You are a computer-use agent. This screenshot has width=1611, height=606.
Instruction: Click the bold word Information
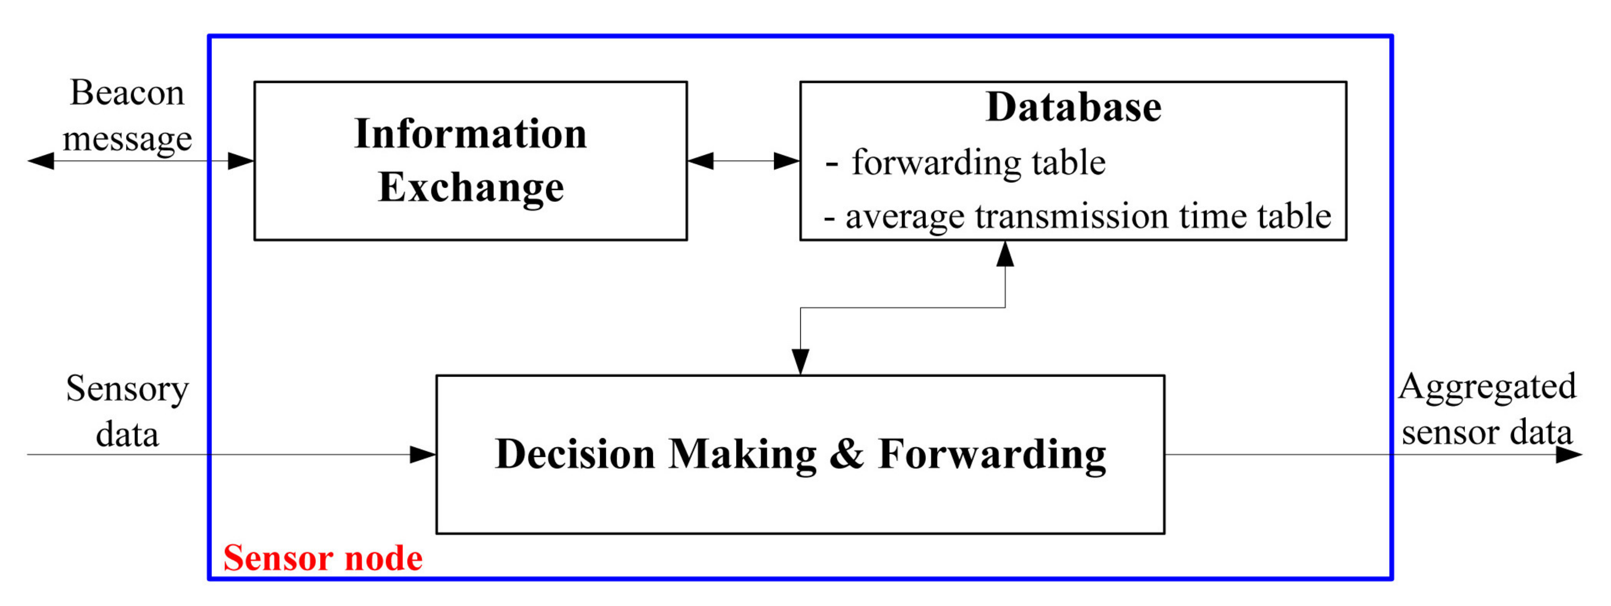tap(470, 134)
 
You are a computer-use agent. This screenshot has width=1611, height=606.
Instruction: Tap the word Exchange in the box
tap(470, 188)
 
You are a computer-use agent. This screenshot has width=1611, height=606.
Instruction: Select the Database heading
tap(1073, 107)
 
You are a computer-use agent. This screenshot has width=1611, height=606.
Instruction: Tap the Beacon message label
tap(127, 115)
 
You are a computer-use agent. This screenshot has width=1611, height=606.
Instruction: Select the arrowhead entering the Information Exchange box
tap(241, 161)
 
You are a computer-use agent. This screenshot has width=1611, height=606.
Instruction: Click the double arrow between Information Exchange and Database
tap(743, 161)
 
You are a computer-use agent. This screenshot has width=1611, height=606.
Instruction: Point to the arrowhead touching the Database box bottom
tap(1005, 254)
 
